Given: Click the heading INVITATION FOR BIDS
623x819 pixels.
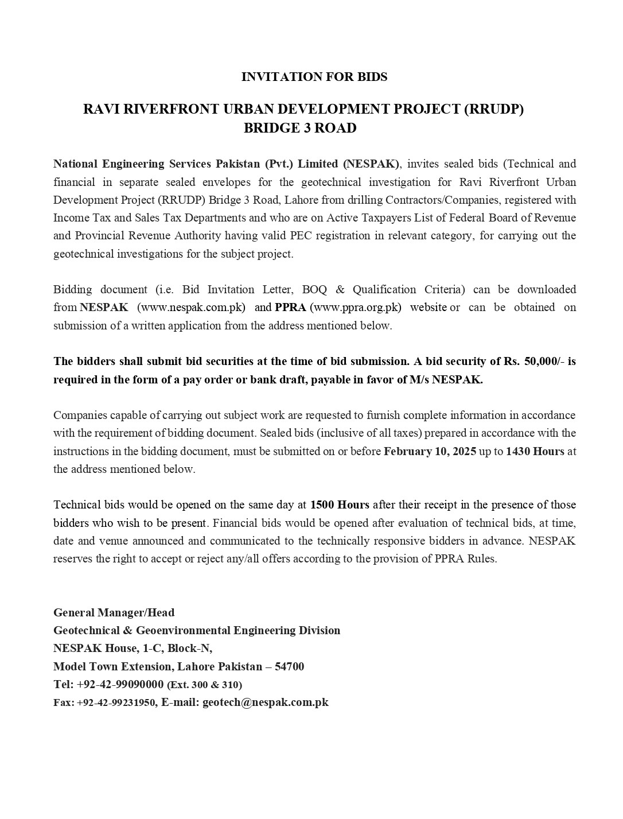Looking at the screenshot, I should tap(314, 77).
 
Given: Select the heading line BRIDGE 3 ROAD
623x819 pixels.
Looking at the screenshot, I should tap(300, 128).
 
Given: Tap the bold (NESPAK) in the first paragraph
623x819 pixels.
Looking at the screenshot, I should tap(371, 164).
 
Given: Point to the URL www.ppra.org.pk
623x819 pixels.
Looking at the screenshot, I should tap(356, 307).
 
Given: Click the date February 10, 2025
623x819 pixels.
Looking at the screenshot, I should tap(430, 451).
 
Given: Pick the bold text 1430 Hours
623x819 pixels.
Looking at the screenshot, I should tap(535, 451).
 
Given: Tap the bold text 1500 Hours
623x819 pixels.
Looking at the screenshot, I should tap(340, 505).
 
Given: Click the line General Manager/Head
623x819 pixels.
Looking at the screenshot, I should tap(114, 612).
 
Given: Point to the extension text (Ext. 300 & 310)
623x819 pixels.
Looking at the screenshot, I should tap(204, 685).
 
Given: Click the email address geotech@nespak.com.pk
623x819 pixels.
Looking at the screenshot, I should tap(265, 702).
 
